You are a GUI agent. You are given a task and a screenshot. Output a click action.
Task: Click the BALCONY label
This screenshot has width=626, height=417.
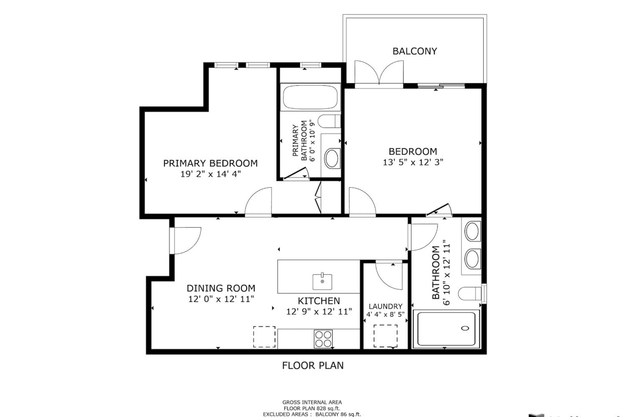(x=415, y=51)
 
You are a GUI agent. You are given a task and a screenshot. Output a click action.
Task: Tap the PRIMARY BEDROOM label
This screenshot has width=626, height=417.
(x=210, y=163)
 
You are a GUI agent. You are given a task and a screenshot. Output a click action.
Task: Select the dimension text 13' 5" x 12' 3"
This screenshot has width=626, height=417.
(x=413, y=162)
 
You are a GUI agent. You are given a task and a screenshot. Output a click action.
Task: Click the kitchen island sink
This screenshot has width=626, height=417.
(x=322, y=282)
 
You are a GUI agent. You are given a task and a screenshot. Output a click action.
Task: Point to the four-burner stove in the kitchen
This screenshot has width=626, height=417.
(x=323, y=339)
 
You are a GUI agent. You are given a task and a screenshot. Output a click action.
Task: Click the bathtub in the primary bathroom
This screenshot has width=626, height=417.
(x=310, y=97)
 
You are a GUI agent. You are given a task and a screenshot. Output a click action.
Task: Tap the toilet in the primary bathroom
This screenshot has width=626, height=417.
(x=329, y=121)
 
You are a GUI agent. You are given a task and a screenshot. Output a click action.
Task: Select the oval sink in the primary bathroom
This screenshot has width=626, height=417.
(x=332, y=158)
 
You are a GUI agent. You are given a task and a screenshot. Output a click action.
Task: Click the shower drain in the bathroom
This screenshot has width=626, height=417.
(x=465, y=328)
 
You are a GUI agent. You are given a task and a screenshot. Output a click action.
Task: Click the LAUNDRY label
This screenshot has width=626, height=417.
(x=386, y=306)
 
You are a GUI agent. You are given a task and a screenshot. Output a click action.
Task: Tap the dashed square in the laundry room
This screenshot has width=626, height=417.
(x=386, y=336)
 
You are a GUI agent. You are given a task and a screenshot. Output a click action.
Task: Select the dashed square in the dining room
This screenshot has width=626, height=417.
(x=264, y=337)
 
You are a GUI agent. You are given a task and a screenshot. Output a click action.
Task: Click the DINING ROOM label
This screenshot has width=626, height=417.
(x=221, y=288)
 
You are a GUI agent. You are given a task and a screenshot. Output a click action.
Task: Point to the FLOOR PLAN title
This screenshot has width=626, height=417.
(x=313, y=366)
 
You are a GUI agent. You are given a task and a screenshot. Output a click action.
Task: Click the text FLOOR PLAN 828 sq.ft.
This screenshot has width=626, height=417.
(x=312, y=408)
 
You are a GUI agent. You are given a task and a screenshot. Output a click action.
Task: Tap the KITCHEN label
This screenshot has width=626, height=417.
(x=319, y=301)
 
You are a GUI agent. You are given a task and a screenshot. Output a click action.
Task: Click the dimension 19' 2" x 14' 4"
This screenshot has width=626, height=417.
(x=210, y=174)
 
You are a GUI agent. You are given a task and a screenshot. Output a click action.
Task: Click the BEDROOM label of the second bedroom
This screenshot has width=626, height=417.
(x=413, y=152)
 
